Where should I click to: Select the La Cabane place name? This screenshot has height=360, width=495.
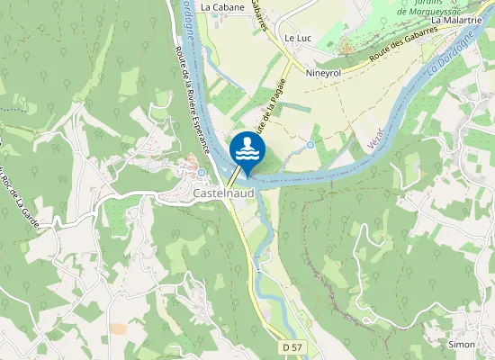tap(217, 6)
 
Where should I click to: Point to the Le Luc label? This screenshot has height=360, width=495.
tap(297, 39)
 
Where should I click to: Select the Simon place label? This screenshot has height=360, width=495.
tap(461, 344)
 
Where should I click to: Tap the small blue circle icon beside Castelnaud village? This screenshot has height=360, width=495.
tap(202, 173)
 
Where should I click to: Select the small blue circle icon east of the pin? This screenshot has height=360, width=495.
tap(310, 144)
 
